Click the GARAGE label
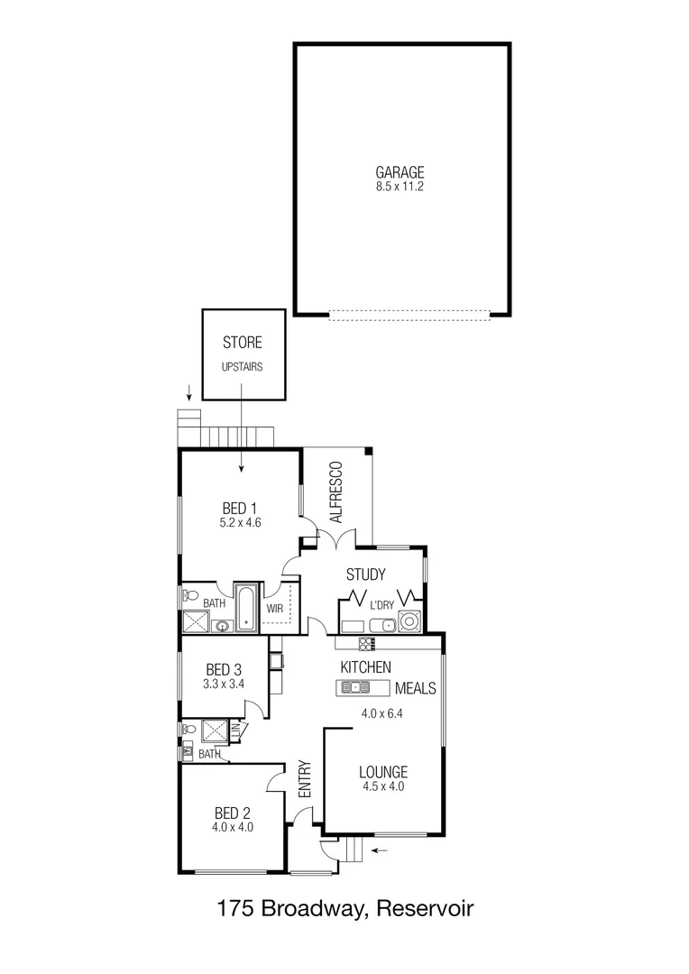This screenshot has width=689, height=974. [400, 173]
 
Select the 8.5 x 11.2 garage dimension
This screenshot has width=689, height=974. [400, 188]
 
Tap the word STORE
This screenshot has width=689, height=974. [242, 343]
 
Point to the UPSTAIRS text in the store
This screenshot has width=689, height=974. [242, 368]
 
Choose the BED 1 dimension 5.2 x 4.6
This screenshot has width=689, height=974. [239, 522]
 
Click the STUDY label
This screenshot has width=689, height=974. [365, 574]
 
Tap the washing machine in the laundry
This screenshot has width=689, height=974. [410, 620]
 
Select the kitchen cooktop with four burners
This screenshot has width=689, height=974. [367, 643]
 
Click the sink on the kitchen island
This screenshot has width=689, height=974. [359, 687]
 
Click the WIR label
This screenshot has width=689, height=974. [275, 609]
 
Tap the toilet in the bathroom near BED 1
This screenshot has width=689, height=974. [190, 594]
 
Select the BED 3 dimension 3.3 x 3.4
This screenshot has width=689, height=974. [224, 685]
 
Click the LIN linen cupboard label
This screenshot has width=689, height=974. [236, 730]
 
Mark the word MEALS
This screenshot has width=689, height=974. [416, 688]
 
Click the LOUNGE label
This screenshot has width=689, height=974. [383, 772]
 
